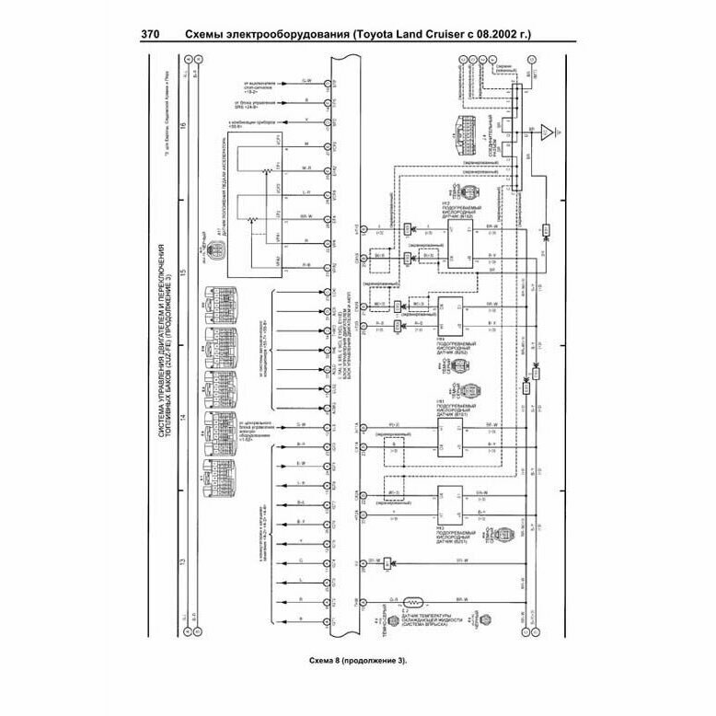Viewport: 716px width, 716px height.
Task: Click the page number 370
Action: [x=151, y=36]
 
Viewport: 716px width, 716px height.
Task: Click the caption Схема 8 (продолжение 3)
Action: [x=357, y=661]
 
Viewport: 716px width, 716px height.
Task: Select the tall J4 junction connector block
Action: [x=515, y=138]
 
